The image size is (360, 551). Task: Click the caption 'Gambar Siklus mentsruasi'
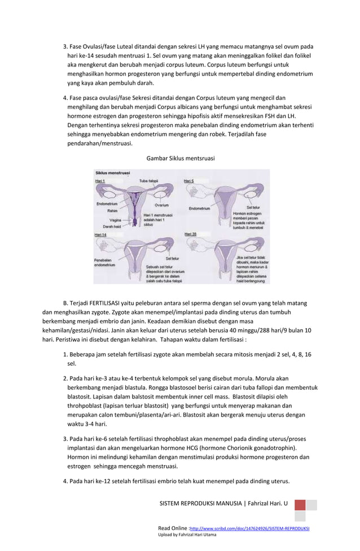click(180, 158)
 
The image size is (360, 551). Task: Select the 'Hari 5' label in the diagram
click(189, 181)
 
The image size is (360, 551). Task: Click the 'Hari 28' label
click(190, 234)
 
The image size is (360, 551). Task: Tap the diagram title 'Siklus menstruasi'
click(113, 173)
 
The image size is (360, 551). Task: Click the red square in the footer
click(300, 505)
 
